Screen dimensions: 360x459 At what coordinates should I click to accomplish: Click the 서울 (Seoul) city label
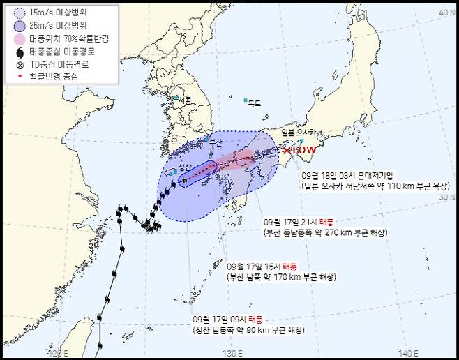(184, 101)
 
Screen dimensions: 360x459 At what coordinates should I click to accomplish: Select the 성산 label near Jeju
(185, 167)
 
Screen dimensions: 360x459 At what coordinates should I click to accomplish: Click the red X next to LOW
(287, 150)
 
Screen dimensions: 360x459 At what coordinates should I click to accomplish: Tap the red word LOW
(304, 150)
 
